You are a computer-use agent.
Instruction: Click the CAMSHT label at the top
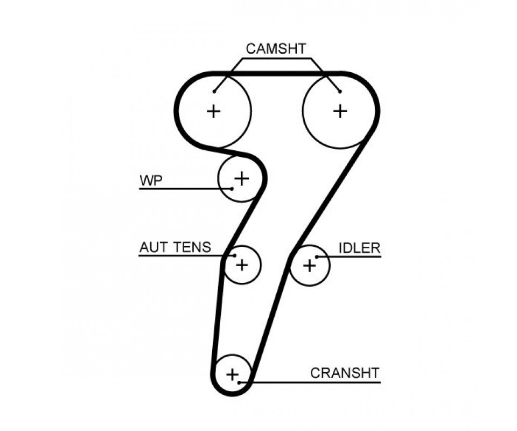[276, 49]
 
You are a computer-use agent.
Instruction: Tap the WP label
[151, 180]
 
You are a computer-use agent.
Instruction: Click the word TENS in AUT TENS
[192, 247]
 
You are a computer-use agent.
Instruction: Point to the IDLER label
[360, 248]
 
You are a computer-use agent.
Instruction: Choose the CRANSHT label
[345, 373]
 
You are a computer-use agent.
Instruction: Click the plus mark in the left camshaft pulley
[213, 111]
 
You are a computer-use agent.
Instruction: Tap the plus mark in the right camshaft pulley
[340, 111]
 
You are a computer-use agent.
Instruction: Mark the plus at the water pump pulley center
[242, 178]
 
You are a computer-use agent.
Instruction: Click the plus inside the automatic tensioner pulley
[242, 265]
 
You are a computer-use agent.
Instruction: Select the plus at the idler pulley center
[309, 265]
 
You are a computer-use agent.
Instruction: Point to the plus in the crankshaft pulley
[233, 374]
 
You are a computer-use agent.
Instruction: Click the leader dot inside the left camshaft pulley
[214, 92]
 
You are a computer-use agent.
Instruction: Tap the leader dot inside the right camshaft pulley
[340, 92]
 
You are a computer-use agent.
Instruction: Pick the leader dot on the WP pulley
[232, 189]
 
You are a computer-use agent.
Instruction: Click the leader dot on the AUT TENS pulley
[235, 255]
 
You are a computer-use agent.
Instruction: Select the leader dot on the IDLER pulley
[317, 256]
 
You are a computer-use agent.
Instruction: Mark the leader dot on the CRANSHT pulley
[239, 383]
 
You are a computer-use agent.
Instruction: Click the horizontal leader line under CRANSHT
[310, 383]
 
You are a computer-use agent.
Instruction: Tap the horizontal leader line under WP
[186, 189]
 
